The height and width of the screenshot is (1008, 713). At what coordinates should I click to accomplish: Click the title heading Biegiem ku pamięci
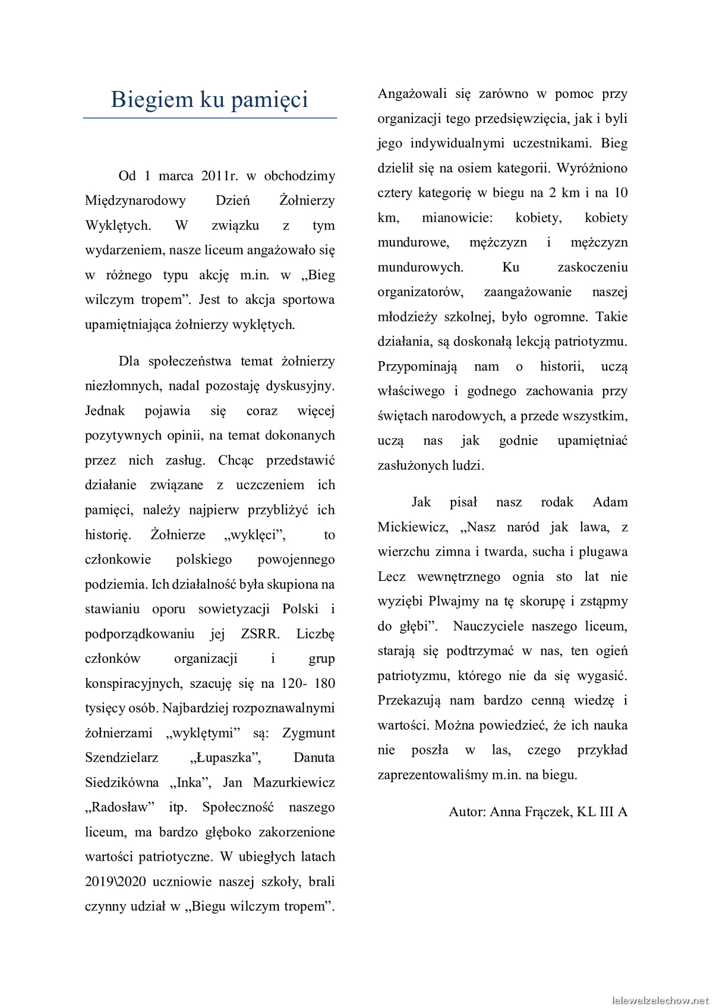(x=209, y=99)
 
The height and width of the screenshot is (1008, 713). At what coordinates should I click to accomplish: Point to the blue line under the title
(x=209, y=118)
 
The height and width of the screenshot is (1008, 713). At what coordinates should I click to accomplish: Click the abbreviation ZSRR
(x=260, y=634)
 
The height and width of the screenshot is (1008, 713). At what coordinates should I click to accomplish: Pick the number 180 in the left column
(x=324, y=683)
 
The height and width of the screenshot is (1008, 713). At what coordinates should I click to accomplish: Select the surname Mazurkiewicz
(x=294, y=783)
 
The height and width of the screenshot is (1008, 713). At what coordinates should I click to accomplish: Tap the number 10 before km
(x=620, y=193)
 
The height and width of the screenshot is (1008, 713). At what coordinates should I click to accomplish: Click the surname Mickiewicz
(x=413, y=527)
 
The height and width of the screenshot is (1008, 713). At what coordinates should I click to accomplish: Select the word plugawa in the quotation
(x=605, y=552)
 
